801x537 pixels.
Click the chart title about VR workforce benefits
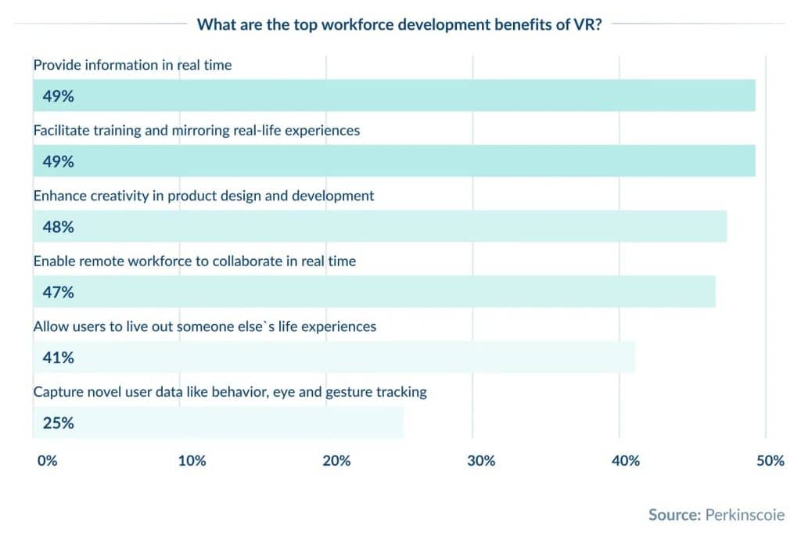(399, 23)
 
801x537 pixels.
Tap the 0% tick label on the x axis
(47, 461)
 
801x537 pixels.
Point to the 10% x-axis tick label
(192, 461)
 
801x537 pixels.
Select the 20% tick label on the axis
(336, 461)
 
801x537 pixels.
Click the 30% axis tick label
(481, 461)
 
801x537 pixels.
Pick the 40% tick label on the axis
(626, 461)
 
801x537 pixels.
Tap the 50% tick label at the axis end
(770, 461)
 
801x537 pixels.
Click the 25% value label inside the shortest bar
(59, 423)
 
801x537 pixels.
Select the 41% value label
(59, 358)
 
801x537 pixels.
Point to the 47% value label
(59, 293)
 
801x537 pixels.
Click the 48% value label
(59, 227)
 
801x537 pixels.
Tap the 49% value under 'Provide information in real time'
(59, 97)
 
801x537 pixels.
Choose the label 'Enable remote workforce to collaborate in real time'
(194, 261)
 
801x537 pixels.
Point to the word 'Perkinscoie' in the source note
(745, 514)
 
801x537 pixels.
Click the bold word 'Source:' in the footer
(674, 514)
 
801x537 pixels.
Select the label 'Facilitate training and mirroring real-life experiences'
(196, 130)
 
